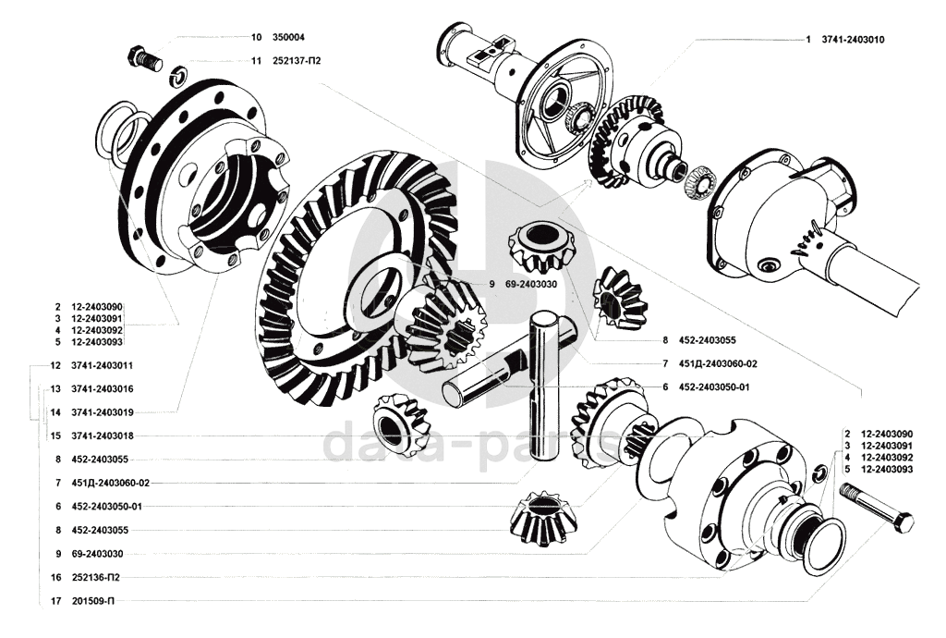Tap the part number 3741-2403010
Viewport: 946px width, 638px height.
(x=858, y=40)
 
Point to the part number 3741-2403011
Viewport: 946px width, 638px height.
(x=103, y=365)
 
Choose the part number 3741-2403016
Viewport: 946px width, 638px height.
(x=103, y=388)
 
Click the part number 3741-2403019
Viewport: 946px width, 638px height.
(x=103, y=411)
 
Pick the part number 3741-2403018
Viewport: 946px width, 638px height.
(x=103, y=435)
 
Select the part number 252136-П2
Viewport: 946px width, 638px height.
(x=95, y=577)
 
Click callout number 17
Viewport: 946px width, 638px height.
(x=56, y=601)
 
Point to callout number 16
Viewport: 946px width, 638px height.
(x=56, y=577)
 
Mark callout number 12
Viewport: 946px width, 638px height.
(x=56, y=365)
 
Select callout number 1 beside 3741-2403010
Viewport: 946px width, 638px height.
(x=807, y=40)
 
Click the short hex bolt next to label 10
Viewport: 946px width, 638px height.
(x=141, y=58)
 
